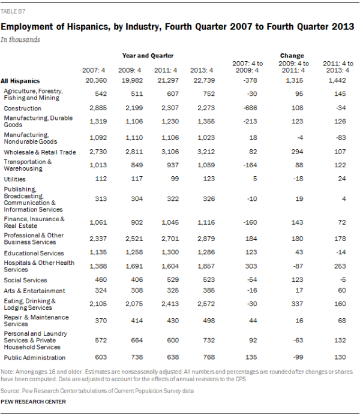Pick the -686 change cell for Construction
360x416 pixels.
pyautogui.click(x=247, y=108)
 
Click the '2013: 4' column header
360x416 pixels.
pyautogui.click(x=201, y=71)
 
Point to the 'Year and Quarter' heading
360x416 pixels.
pyautogui.click(x=148, y=55)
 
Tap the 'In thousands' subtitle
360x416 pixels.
pyautogui.click(x=20, y=40)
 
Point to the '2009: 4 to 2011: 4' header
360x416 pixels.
pyautogui.click(x=294, y=67)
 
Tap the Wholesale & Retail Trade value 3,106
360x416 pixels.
pyautogui.click(x=167, y=152)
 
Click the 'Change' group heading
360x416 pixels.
pyautogui.click(x=292, y=55)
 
